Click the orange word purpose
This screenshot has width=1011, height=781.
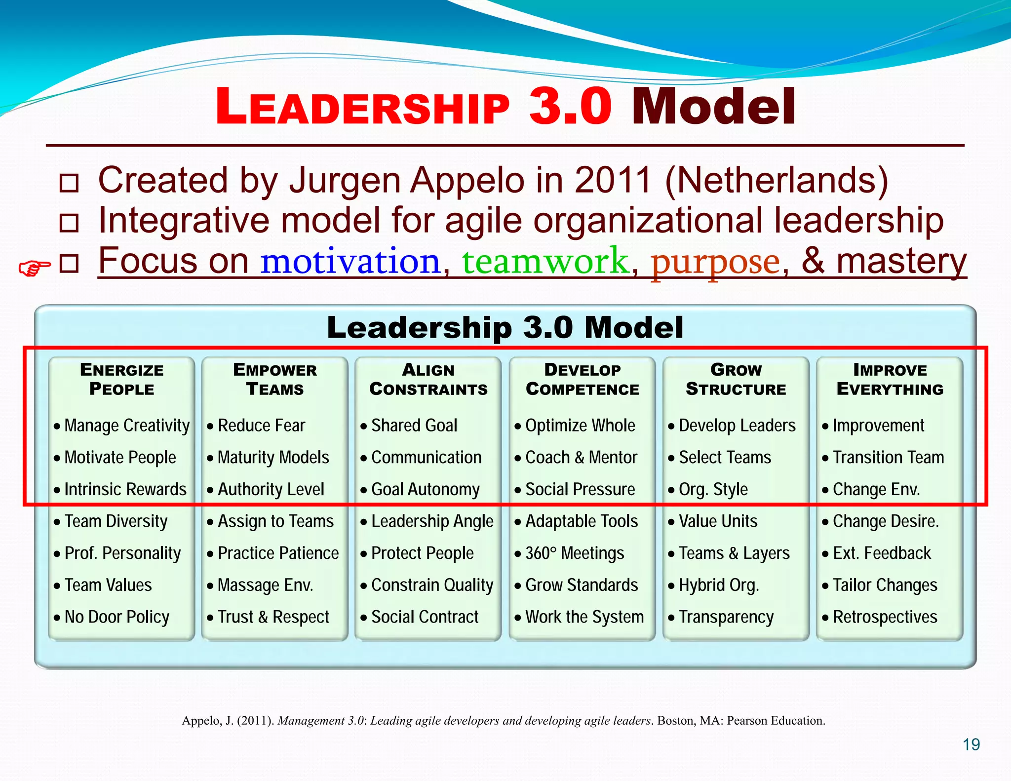click(715, 262)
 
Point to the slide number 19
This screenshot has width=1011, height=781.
click(971, 744)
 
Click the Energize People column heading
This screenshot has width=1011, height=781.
click(121, 379)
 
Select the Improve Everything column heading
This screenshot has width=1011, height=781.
click(890, 379)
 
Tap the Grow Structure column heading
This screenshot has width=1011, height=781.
click(736, 379)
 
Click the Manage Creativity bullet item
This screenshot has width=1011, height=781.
click(127, 426)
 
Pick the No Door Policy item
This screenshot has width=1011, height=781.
click(117, 617)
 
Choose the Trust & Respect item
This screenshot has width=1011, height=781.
click(273, 617)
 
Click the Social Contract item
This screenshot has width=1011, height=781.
click(425, 617)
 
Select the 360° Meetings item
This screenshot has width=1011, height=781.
click(575, 553)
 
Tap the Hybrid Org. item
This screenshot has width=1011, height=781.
click(719, 586)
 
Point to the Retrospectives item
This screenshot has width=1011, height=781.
click(885, 617)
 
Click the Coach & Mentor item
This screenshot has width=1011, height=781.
click(581, 458)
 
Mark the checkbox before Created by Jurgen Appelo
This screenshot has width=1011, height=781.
click(69, 183)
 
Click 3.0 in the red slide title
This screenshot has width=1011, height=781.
click(570, 106)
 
